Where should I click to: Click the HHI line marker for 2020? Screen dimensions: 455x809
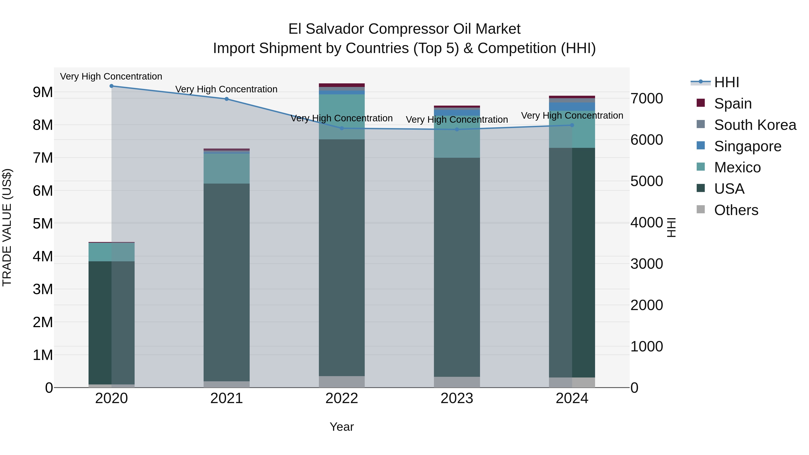111,86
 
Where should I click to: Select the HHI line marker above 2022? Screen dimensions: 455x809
342,128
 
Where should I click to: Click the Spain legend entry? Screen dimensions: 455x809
733,104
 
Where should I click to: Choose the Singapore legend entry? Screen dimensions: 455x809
747,146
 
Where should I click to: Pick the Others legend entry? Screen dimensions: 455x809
736,210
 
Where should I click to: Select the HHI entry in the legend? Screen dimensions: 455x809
726,82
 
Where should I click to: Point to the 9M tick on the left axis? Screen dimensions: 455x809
43,92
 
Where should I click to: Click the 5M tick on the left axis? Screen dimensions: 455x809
43,224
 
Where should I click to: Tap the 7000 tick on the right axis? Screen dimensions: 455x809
647,99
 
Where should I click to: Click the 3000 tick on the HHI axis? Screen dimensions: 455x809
647,264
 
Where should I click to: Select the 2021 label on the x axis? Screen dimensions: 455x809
227,398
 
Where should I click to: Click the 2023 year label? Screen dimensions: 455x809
457,398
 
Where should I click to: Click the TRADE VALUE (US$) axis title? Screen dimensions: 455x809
7,227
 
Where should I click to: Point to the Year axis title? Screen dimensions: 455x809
342,427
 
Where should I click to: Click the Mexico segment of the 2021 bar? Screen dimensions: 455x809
227,169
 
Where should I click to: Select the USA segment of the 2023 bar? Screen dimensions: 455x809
457,267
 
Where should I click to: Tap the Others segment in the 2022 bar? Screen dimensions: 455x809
342,382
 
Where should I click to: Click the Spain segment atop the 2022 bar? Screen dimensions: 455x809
342,85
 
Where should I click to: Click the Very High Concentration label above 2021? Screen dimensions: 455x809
227,89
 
